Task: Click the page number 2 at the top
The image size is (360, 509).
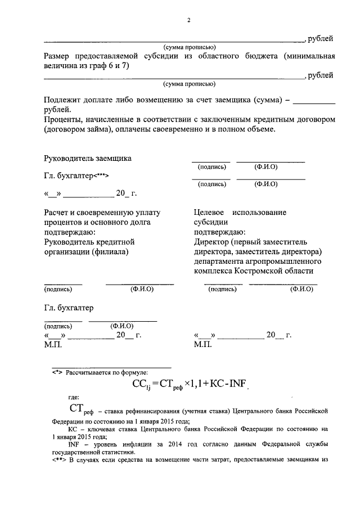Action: coord(189,21)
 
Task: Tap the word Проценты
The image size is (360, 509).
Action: coord(63,120)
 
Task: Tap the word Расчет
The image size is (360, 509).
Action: coord(57,213)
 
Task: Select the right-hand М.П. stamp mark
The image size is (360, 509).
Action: coord(202,345)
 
